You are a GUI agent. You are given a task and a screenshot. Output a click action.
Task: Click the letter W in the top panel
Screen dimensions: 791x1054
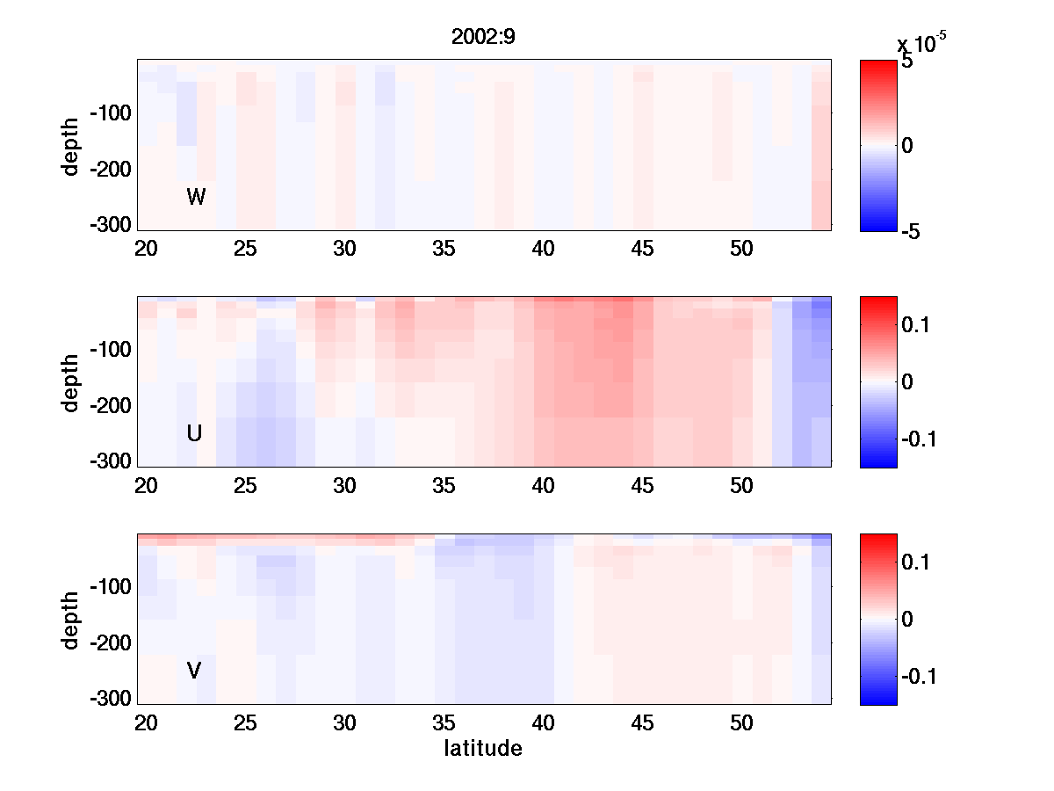[x=196, y=197]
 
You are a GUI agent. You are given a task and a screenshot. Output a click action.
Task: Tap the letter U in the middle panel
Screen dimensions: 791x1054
[x=195, y=433]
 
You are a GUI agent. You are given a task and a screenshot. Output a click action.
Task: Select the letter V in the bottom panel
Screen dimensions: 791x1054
[x=194, y=671]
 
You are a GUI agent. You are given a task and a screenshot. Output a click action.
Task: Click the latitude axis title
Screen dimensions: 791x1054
[x=483, y=749]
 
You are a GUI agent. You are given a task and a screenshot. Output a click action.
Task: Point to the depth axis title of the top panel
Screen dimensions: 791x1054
[x=72, y=145]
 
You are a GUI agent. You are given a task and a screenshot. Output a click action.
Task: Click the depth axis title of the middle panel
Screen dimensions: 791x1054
[x=72, y=382]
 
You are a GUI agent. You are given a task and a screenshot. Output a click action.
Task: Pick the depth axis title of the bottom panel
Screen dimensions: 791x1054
[x=72, y=620]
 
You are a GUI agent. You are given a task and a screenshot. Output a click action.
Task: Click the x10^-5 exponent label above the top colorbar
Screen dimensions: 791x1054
[x=921, y=42]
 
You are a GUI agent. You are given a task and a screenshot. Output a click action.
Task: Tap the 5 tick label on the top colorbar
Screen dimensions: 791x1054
[x=907, y=63]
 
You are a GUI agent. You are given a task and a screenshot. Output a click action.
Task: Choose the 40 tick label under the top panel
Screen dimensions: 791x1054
[x=544, y=249]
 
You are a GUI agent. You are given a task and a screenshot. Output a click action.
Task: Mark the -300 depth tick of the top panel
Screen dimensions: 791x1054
[x=110, y=223]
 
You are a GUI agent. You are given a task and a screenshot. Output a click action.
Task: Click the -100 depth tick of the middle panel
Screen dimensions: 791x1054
[x=110, y=350]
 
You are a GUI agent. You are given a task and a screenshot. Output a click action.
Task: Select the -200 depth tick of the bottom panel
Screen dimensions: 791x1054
[x=110, y=643]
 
